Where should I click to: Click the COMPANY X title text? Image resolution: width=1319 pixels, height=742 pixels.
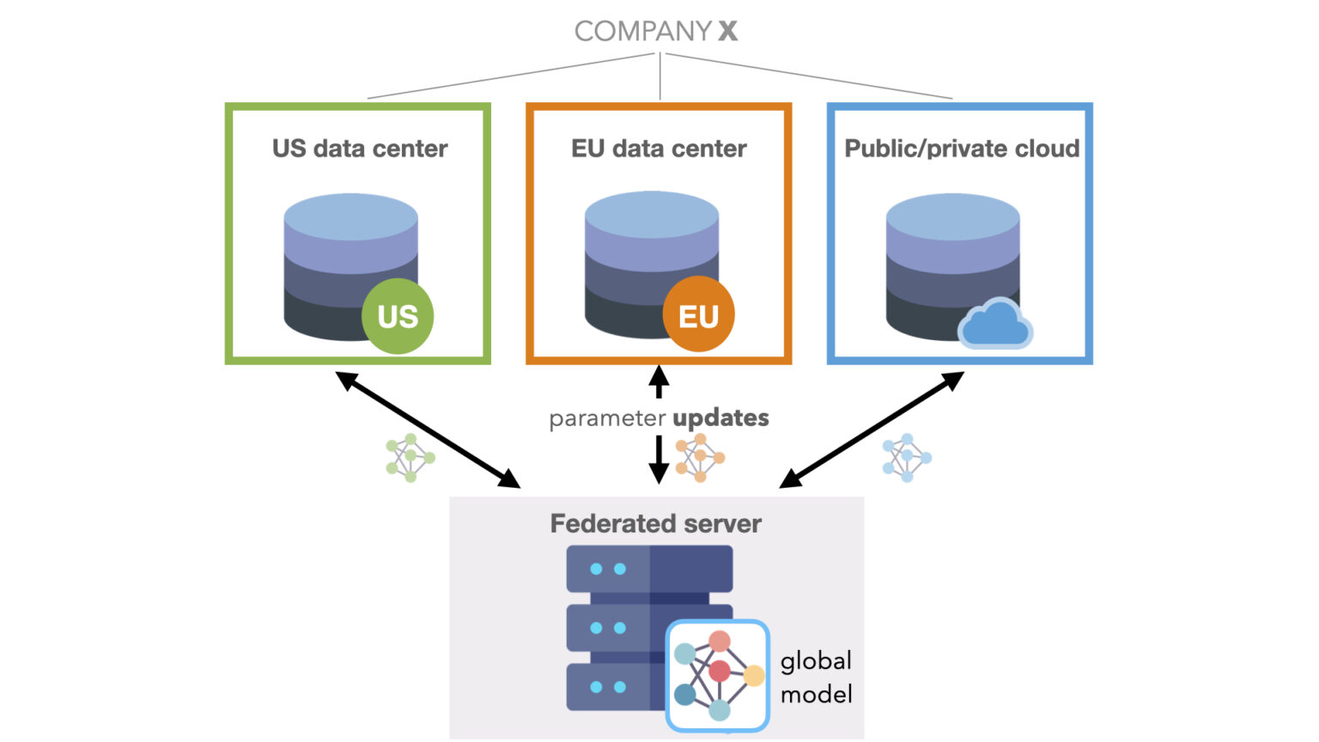pyautogui.click(x=656, y=31)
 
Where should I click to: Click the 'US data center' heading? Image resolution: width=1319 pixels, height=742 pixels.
pyautogui.click(x=360, y=149)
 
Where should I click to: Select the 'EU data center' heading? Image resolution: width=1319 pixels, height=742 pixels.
pyautogui.click(x=659, y=149)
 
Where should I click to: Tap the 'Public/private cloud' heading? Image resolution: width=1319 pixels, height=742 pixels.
pyautogui.click(x=962, y=149)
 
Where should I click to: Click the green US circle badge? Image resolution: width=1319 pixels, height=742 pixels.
pyautogui.click(x=398, y=316)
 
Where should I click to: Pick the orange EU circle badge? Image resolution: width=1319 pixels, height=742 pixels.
pyautogui.click(x=698, y=315)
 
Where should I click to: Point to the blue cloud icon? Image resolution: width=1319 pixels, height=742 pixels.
pyautogui.click(x=994, y=325)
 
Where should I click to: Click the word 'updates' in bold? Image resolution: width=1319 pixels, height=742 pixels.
pyautogui.click(x=720, y=418)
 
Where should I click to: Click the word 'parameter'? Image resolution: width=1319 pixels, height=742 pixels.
pyautogui.click(x=607, y=419)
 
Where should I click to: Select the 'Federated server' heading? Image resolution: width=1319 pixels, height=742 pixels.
pyautogui.click(x=655, y=523)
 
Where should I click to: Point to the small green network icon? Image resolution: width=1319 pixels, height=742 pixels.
pyautogui.click(x=410, y=458)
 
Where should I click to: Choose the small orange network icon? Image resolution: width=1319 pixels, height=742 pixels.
pyautogui.click(x=700, y=457)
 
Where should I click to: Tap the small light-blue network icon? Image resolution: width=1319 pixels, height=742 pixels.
pyautogui.click(x=906, y=457)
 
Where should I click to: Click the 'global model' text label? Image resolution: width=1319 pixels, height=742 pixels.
pyautogui.click(x=816, y=678)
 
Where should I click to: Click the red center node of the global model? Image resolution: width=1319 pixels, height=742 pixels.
pyautogui.click(x=720, y=671)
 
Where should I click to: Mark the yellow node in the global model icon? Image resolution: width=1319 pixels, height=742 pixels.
pyautogui.click(x=753, y=676)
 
